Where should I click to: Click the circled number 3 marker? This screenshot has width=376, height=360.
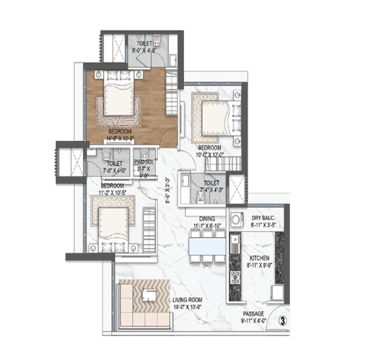[282, 321]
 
